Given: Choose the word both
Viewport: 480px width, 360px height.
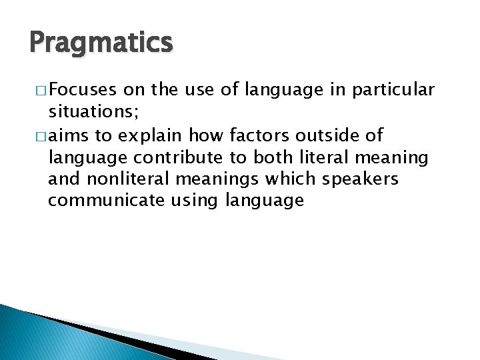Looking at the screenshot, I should pyautogui.click(x=275, y=159).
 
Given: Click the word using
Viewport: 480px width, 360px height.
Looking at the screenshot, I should pyautogui.click(x=201, y=201).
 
